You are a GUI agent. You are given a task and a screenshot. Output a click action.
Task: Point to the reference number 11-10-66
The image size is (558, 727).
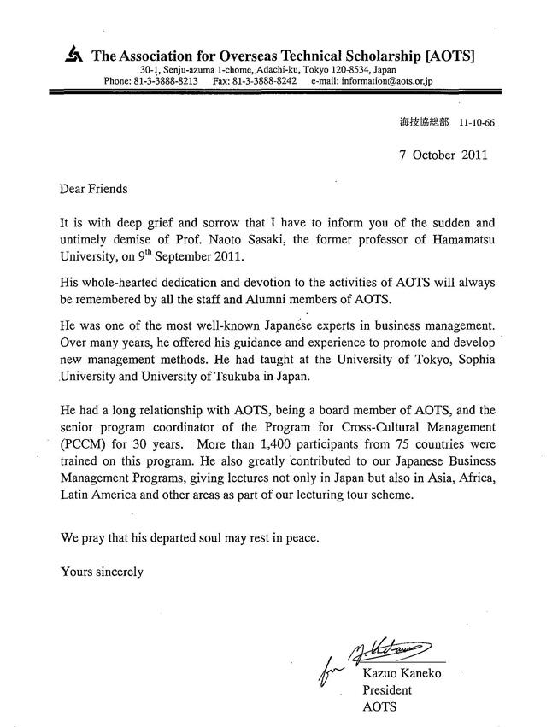(x=476, y=122)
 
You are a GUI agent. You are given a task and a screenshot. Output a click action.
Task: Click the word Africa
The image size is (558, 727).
(x=474, y=479)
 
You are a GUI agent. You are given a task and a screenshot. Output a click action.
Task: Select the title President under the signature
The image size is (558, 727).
(x=389, y=689)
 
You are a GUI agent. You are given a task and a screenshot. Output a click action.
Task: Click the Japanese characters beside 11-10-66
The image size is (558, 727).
(x=424, y=122)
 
